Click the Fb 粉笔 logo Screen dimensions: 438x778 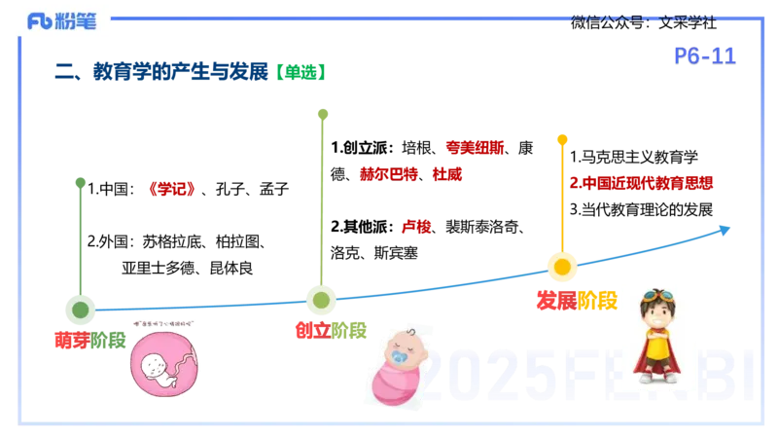[61, 20]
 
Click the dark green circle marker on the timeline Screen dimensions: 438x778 [81, 310]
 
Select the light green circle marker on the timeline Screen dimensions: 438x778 [322, 299]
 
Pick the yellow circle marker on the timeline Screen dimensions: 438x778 [562, 266]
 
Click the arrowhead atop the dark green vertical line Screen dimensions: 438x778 [80, 182]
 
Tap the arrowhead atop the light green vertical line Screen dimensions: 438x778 [323, 116]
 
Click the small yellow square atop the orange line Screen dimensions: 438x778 [561, 140]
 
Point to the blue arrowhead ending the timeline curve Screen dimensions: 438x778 [724, 229]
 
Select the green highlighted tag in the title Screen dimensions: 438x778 [299, 73]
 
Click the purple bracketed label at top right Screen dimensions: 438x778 [703, 57]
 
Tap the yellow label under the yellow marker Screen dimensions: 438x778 [598, 300]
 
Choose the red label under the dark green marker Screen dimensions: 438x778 [72, 340]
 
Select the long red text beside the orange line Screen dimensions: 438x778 [641, 182]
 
